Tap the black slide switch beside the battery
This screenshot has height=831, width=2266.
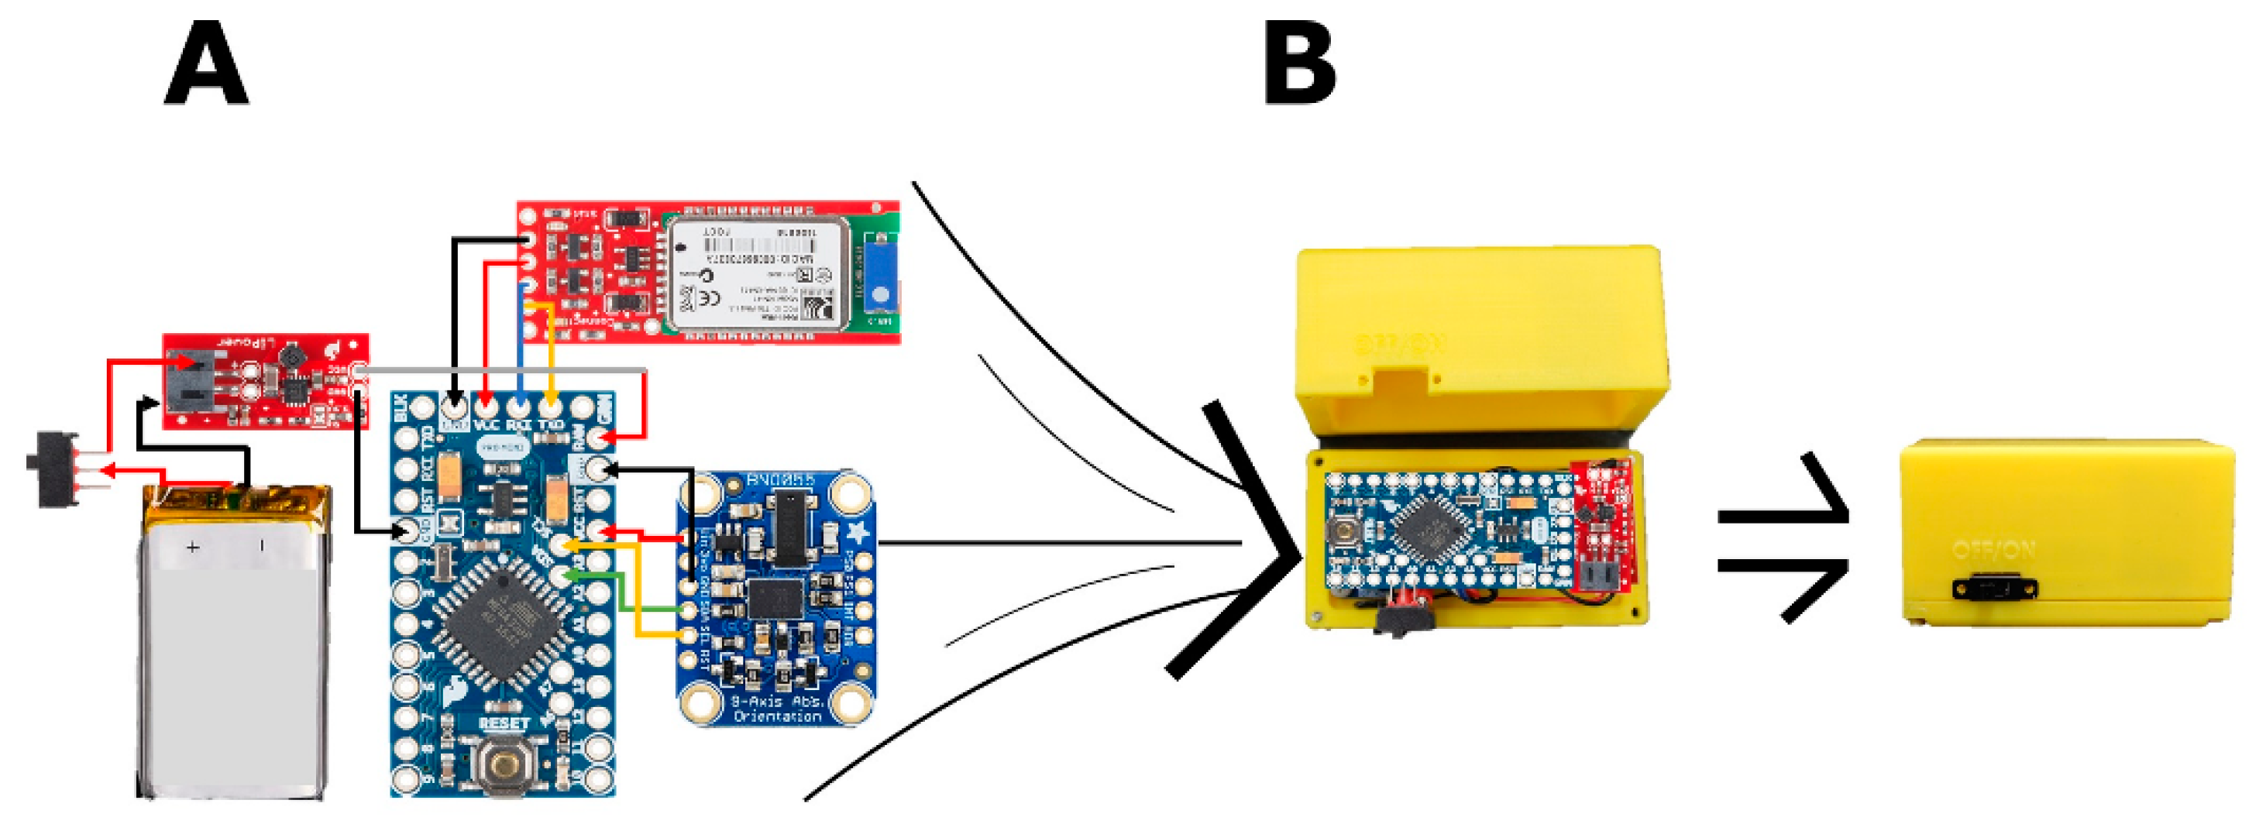click(54, 469)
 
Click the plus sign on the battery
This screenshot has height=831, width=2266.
click(192, 548)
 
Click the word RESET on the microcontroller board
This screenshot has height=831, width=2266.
click(503, 723)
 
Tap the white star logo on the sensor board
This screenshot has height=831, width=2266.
click(858, 531)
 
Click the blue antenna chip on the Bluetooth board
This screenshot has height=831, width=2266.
click(879, 272)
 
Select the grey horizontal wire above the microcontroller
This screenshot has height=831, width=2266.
click(501, 371)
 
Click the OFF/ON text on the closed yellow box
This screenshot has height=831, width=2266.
click(1993, 551)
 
